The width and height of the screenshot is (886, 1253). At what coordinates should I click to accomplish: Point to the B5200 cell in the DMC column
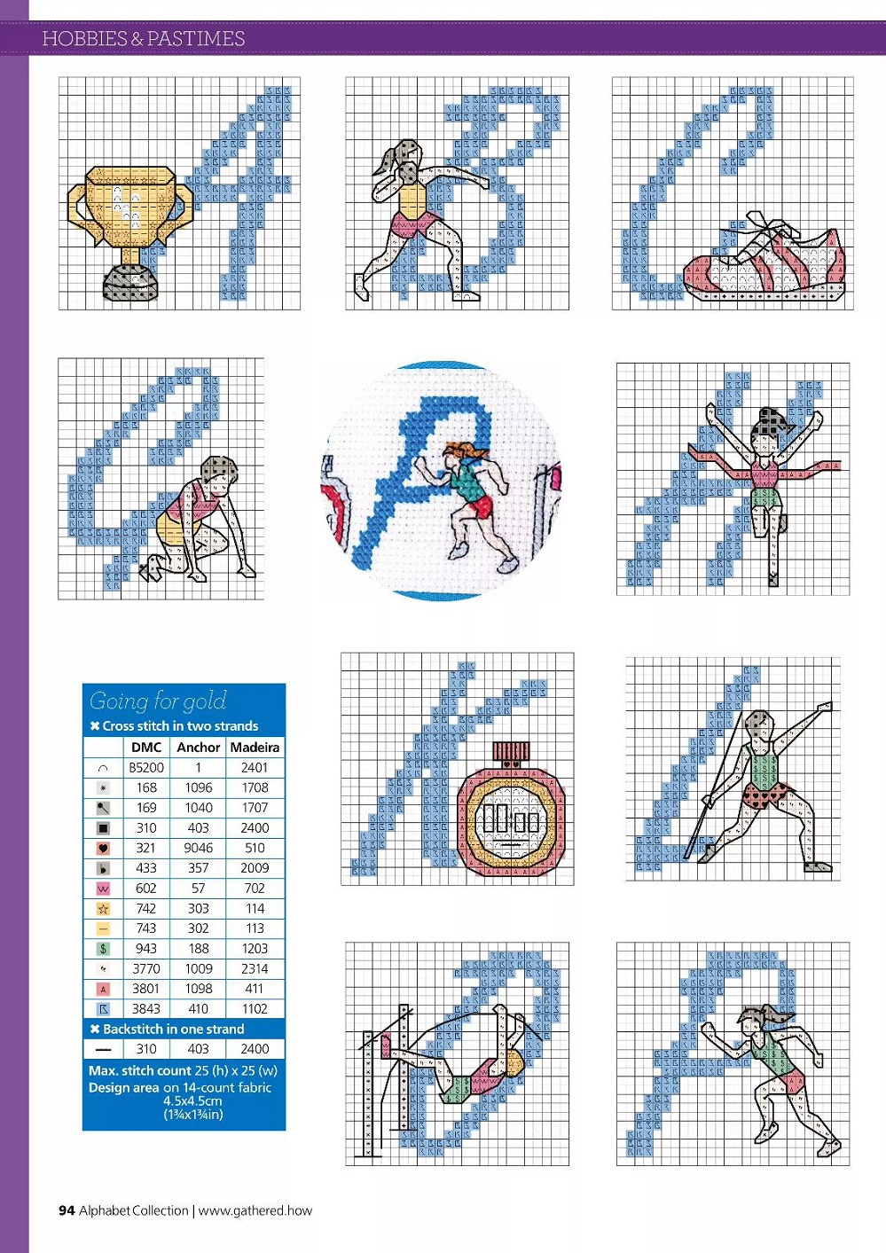coord(146,767)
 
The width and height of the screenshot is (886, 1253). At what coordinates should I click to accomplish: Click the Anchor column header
coord(198,748)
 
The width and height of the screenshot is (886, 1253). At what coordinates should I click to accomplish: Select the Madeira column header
coord(255,748)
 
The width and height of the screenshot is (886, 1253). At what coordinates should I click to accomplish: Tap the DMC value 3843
coord(146,1008)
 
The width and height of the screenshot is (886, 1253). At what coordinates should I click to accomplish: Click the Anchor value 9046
coord(198,848)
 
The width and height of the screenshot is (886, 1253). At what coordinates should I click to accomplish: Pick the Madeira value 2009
coord(255,868)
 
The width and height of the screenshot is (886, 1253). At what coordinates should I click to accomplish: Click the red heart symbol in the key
coord(103,849)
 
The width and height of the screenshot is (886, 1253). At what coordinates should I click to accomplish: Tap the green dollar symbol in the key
coord(103,949)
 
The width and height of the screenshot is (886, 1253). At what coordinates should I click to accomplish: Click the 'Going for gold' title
coord(158,701)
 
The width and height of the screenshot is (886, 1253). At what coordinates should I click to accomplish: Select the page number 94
coord(67,1210)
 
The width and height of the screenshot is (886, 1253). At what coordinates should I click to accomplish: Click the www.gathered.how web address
coord(255,1210)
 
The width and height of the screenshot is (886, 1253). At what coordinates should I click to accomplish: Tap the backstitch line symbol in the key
coord(103,1049)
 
